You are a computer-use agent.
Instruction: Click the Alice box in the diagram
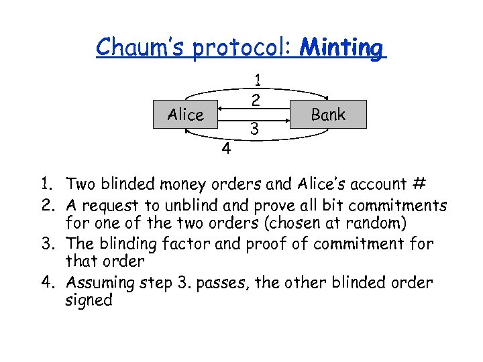[x=186, y=115]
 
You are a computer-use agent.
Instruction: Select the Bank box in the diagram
[x=328, y=115]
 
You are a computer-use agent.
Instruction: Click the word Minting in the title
[x=342, y=47]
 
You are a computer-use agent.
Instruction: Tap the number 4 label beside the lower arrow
[x=227, y=149]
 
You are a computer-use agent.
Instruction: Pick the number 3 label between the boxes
[x=254, y=127]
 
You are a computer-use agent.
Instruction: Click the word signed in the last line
[x=89, y=300]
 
